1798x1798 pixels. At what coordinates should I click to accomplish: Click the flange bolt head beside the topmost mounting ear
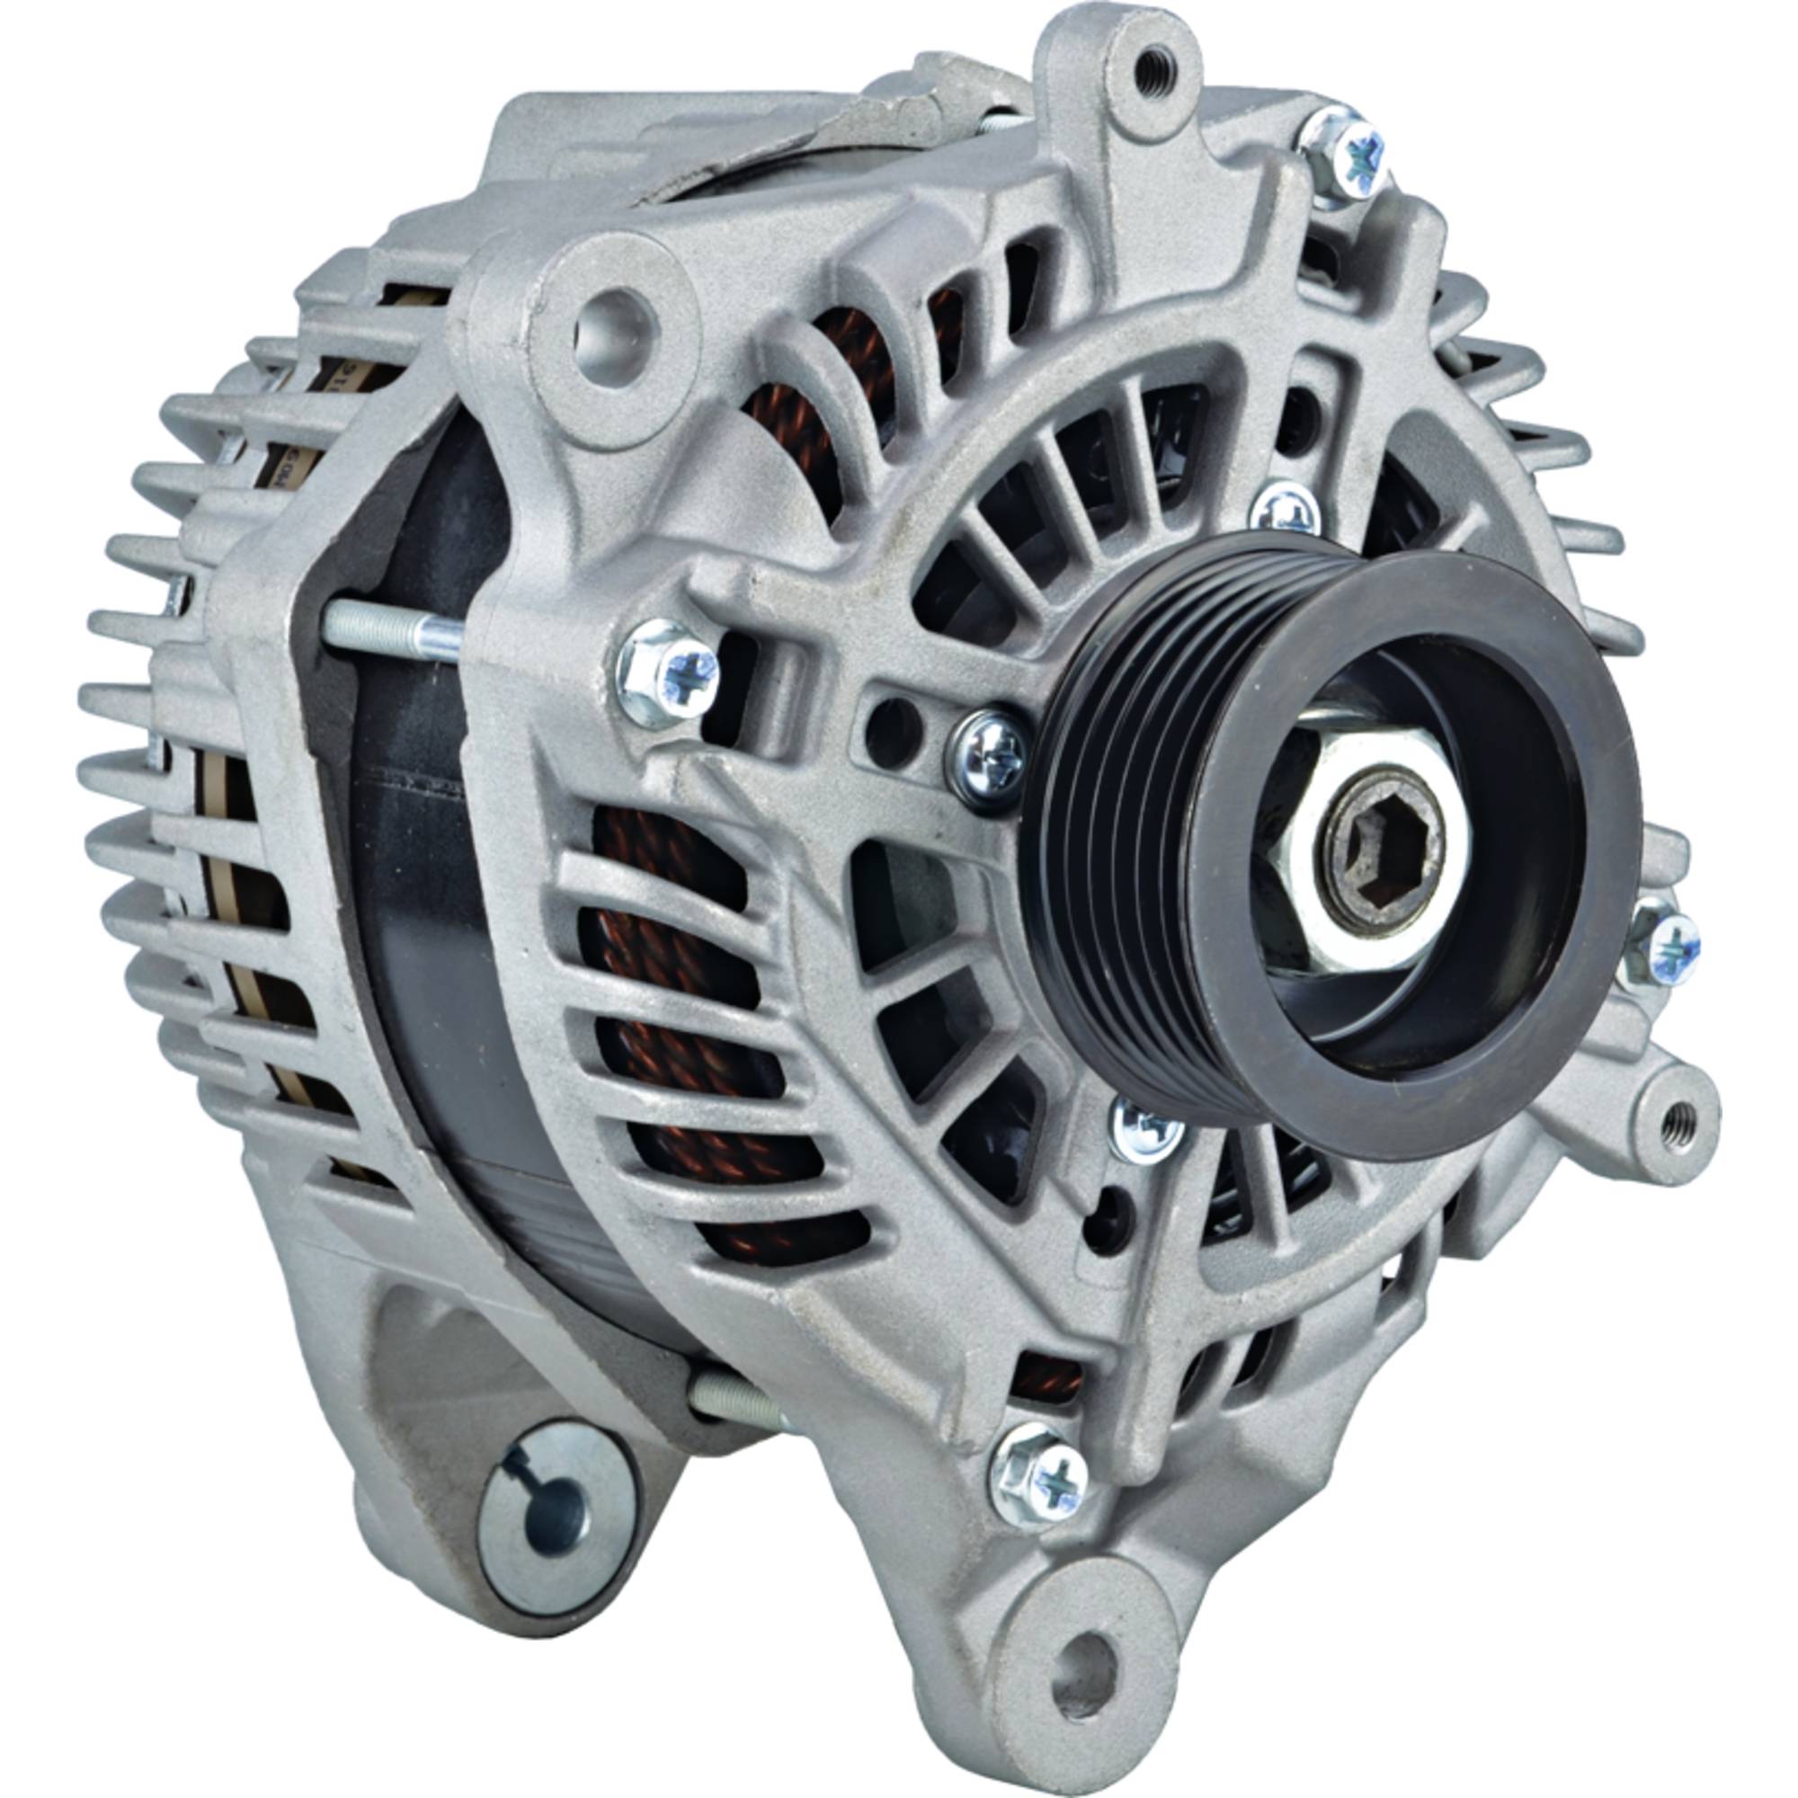(x=1346, y=154)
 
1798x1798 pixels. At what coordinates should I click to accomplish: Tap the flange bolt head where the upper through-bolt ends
(x=667, y=670)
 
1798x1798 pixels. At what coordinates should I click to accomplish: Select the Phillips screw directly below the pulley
(x=1146, y=1130)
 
